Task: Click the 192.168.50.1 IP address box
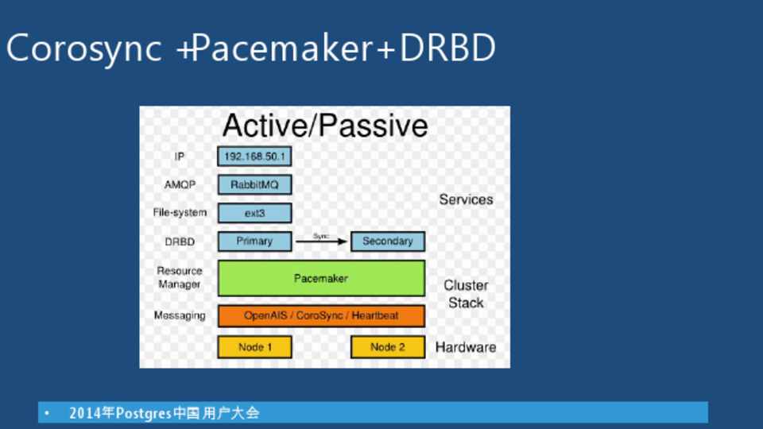pyautogui.click(x=254, y=157)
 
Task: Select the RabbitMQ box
pyautogui.click(x=254, y=185)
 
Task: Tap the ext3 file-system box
pyautogui.click(x=254, y=213)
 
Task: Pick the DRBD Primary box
pyautogui.click(x=254, y=242)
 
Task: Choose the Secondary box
pyautogui.click(x=388, y=242)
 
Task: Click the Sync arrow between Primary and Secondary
pyautogui.click(x=321, y=242)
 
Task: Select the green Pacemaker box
pyautogui.click(x=321, y=278)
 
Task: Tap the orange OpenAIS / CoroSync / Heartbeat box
pyautogui.click(x=321, y=315)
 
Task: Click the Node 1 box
pyautogui.click(x=254, y=347)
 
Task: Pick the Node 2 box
pyautogui.click(x=388, y=347)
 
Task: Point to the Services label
pyautogui.click(x=466, y=199)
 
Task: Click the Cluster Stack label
pyautogui.click(x=466, y=294)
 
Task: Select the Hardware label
pyautogui.click(x=466, y=347)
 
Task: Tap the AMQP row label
pyautogui.click(x=180, y=185)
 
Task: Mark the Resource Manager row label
pyautogui.click(x=180, y=277)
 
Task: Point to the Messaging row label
pyautogui.click(x=180, y=315)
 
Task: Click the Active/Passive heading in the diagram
pyautogui.click(x=325, y=126)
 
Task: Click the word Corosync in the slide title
pyautogui.click(x=83, y=48)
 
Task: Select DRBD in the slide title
pyautogui.click(x=447, y=48)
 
